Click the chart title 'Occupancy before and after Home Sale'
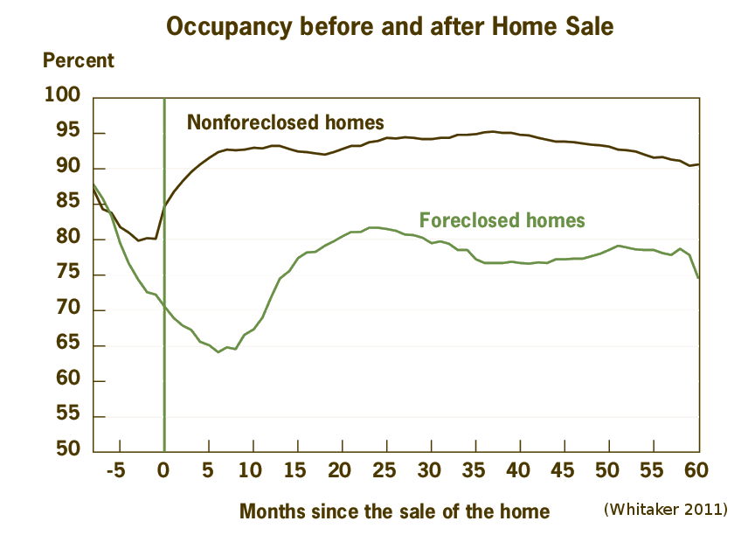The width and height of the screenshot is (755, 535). tap(389, 26)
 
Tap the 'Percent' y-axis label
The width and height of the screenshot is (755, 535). tap(79, 61)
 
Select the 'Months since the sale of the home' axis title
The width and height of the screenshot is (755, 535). tap(394, 511)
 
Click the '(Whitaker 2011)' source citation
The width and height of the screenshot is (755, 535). tap(665, 508)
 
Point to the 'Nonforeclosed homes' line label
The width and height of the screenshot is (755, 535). tap(286, 122)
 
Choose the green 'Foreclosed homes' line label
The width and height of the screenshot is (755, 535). tap(502, 219)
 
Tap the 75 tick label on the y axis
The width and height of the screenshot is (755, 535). tap(68, 274)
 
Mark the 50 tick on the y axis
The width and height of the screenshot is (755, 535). tap(68, 452)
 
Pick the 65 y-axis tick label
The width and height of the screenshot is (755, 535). tap(68, 345)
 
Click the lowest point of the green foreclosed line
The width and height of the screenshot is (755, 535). tap(218, 351)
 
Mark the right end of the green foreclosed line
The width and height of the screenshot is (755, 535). tap(699, 278)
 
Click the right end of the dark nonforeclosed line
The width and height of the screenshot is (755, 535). tap(699, 164)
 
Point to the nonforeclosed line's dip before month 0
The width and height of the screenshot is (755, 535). tap(140, 240)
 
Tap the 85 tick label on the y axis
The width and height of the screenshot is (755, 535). tap(68, 204)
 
